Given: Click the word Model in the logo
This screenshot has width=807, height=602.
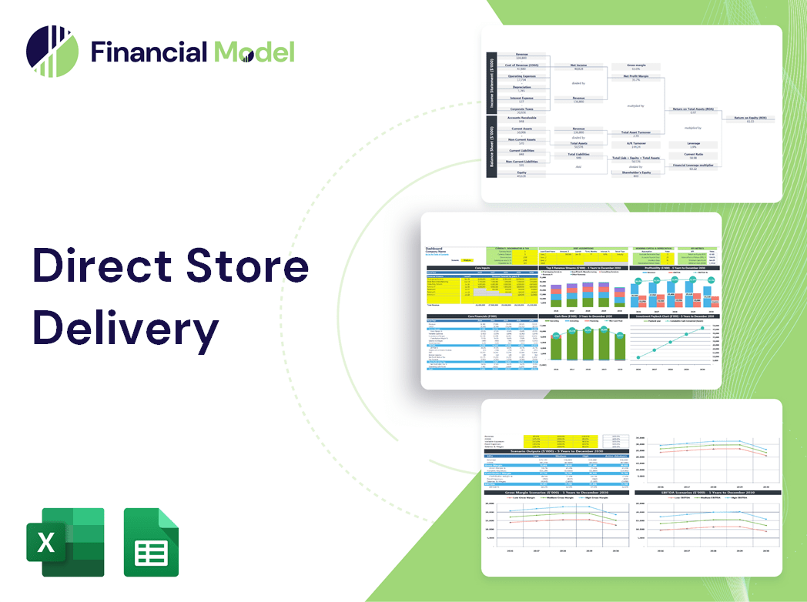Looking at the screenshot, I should coord(254,52).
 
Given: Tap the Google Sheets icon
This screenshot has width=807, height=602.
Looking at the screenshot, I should coord(151,542).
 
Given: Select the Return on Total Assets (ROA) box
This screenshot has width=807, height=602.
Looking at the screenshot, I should coord(692,110).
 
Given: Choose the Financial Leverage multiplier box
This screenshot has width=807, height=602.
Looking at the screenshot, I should coord(692,166).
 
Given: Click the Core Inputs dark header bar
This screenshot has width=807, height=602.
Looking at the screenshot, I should coord(482,268).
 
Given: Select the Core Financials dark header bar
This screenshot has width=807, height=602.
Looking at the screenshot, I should coord(482,316).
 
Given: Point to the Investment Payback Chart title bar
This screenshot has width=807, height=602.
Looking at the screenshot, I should coord(676,316).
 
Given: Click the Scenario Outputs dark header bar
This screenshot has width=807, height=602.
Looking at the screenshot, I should coord(555,451).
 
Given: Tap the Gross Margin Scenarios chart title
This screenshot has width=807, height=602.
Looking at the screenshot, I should coord(555,492).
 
